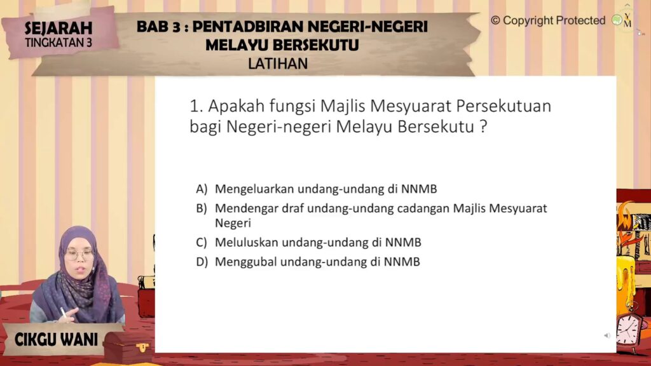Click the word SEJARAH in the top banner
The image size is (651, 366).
pos(58,28)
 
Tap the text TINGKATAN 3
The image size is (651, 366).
pos(58,43)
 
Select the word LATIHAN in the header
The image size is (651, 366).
pos(278,64)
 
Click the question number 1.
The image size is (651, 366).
pos(196,106)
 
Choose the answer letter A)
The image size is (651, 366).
pos(202,189)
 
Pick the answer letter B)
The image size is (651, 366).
pos(202,208)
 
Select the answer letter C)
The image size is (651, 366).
pos(202,242)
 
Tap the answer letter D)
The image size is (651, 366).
pos(202,262)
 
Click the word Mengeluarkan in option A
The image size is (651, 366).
pos(254,189)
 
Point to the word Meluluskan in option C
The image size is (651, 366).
pos(247,242)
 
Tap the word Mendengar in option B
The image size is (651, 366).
pos(247,208)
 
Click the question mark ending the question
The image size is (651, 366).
pos(483,126)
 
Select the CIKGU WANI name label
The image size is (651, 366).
pos(56,339)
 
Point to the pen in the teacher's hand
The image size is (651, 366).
pos(64,313)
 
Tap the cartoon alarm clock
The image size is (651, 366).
pos(628,330)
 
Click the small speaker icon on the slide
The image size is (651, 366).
pos(607,335)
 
